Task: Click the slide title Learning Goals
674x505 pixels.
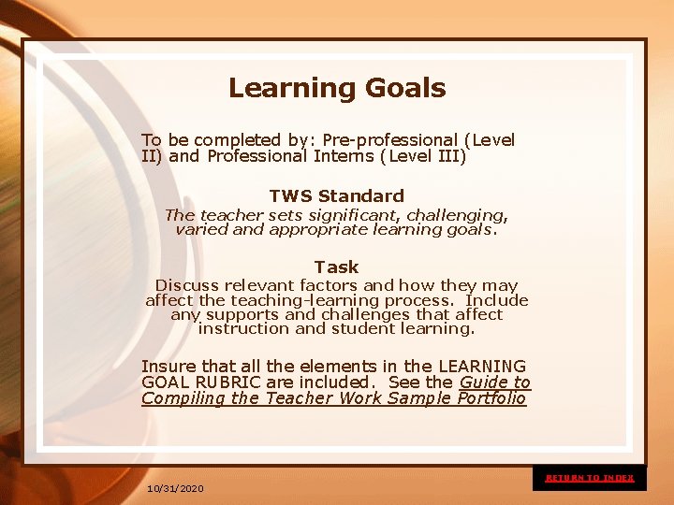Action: tap(337, 89)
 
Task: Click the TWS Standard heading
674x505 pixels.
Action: tap(337, 196)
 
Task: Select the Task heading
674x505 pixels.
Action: tap(337, 267)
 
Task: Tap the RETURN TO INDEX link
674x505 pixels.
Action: tap(590, 478)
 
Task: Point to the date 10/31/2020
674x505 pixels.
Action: tap(175, 489)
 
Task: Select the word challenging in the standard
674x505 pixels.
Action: tap(459, 215)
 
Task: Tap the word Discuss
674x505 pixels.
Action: tap(183, 285)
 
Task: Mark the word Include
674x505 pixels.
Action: tap(497, 300)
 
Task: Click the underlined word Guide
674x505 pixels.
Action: tap(483, 382)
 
